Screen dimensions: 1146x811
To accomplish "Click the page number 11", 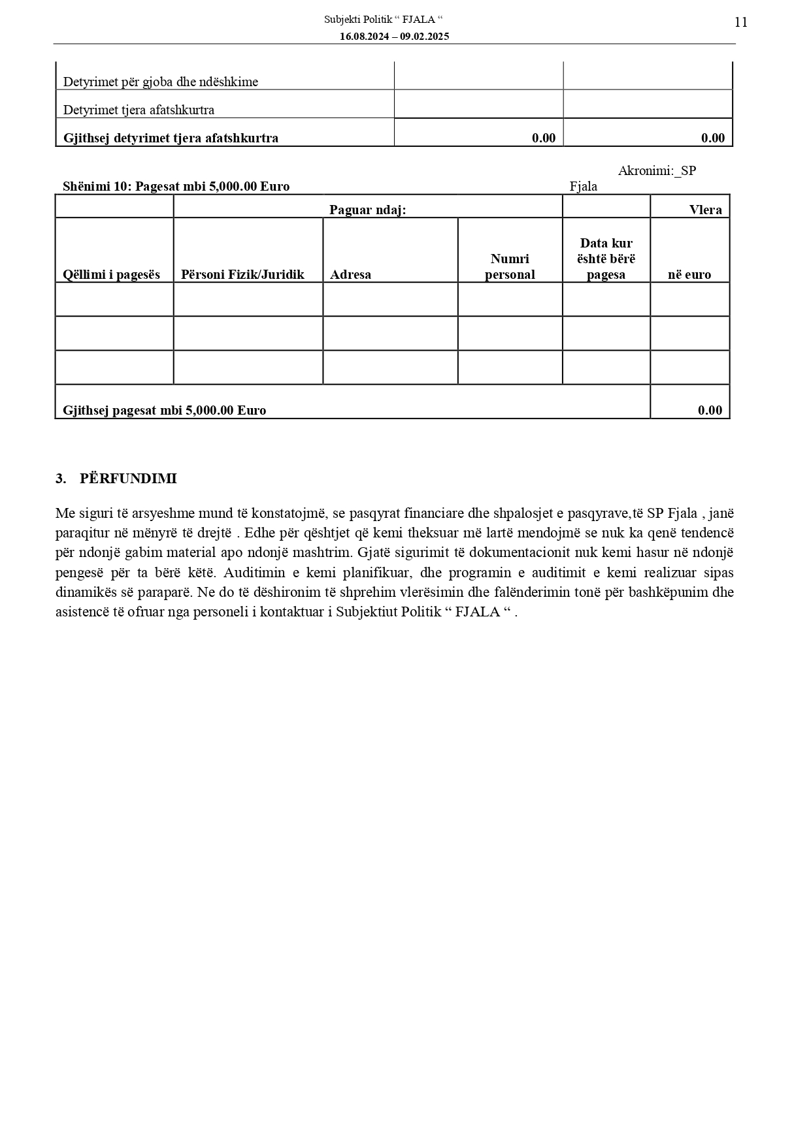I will click(x=740, y=23).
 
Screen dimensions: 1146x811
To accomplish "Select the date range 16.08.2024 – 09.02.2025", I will click(x=394, y=37).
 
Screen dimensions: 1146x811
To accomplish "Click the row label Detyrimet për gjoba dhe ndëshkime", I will click(x=161, y=82).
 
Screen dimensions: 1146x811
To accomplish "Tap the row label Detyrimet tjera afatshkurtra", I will click(x=139, y=110).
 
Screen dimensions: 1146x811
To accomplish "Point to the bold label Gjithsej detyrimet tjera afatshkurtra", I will click(x=171, y=138).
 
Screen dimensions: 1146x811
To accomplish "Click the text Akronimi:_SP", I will click(x=657, y=171).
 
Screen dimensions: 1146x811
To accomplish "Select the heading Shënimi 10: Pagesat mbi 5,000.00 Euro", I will click(x=176, y=187).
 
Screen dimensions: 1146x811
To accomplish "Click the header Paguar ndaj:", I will click(x=367, y=210).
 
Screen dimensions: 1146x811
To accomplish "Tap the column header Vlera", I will click(x=705, y=210).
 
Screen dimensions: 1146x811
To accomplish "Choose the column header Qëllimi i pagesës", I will click(x=111, y=274).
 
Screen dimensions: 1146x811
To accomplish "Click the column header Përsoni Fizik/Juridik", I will click(x=242, y=274).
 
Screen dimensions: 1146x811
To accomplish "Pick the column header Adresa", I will click(x=350, y=274).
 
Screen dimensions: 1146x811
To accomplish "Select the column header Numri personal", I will click(x=510, y=266).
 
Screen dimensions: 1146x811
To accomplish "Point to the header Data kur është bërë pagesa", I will click(x=606, y=259).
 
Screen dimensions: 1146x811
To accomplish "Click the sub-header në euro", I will click(x=689, y=274).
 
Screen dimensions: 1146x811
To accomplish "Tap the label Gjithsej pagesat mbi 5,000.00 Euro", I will click(x=164, y=410).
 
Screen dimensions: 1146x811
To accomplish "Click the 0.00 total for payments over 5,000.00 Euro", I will click(x=710, y=410).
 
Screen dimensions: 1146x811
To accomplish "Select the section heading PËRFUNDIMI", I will click(x=128, y=479).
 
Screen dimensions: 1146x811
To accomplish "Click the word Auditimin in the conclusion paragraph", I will click(x=252, y=573).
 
